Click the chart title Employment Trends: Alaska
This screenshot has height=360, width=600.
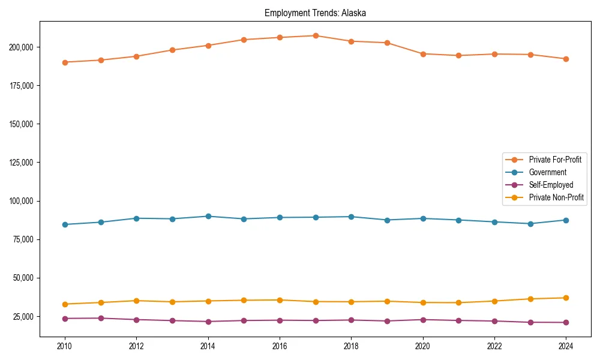[315, 13]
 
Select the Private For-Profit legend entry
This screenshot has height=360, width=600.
[555, 160]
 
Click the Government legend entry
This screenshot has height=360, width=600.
[547, 172]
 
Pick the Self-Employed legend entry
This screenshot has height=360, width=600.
[551, 185]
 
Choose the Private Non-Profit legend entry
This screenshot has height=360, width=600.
[556, 197]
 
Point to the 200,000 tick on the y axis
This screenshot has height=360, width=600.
[23, 47]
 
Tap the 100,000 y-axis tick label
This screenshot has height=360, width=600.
[23, 201]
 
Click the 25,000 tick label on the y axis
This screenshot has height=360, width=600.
[25, 316]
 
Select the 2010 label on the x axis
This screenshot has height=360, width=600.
[65, 346]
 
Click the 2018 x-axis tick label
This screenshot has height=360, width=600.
[352, 346]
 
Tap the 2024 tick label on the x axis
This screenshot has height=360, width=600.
[566, 346]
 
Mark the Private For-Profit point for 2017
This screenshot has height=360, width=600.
[316, 35]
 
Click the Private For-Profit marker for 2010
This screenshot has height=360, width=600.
[65, 62]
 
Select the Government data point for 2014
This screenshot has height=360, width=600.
[208, 216]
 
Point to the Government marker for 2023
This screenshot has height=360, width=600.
[530, 224]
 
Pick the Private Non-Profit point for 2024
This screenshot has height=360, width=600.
[566, 298]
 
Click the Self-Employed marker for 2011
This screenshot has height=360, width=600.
[101, 318]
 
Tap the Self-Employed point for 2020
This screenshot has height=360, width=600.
[423, 320]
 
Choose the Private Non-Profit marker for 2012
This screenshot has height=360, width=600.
[136, 301]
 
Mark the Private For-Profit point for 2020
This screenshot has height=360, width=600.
[423, 54]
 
